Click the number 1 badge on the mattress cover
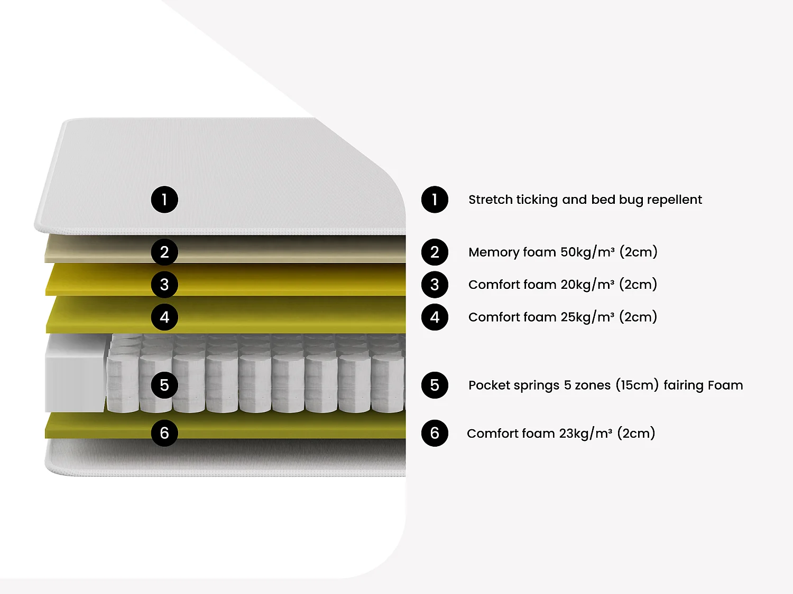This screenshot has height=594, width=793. click(164, 200)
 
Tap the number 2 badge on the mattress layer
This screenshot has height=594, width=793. click(164, 252)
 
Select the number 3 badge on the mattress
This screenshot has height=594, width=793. click(164, 285)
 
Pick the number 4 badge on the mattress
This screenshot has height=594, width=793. click(164, 317)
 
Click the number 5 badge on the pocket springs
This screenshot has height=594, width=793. click(164, 385)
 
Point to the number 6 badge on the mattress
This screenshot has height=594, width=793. click(164, 433)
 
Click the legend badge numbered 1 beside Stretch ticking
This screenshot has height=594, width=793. click(435, 200)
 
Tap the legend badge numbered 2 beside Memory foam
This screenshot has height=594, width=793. click(435, 252)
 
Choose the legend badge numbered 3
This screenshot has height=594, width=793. click(435, 285)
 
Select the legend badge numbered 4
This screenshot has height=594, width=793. click(435, 317)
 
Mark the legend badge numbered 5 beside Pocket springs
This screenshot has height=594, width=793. click(435, 385)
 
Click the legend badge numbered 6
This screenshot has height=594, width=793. click(435, 433)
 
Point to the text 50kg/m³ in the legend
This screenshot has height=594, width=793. click(587, 252)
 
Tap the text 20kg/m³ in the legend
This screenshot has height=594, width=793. click(587, 285)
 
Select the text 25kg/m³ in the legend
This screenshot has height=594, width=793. click(587, 317)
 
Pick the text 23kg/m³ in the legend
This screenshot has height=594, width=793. click(586, 433)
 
